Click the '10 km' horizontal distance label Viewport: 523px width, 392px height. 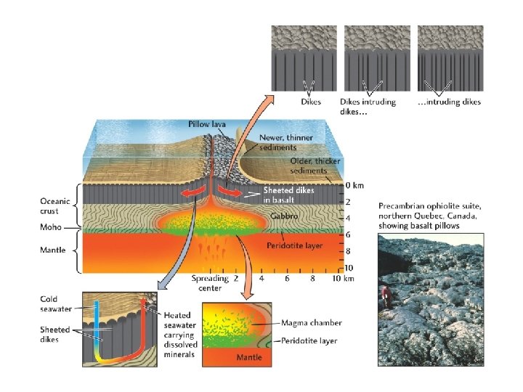point(344,278)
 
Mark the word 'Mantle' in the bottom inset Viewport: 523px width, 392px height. point(249,357)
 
